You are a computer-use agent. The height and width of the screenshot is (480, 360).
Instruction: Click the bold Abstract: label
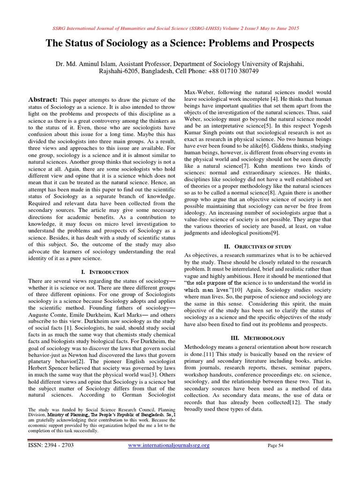coord(43,99)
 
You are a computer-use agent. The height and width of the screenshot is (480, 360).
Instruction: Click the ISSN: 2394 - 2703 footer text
coord(51,445)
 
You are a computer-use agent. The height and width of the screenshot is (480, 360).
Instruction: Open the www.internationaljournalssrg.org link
coord(169,445)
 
